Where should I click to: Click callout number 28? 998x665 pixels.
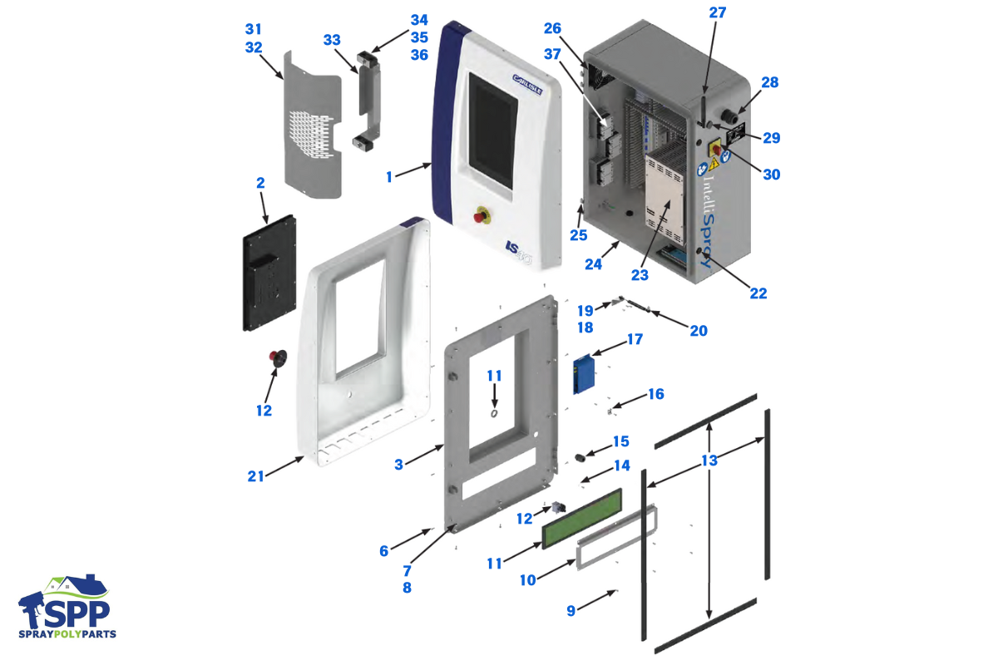click(769, 82)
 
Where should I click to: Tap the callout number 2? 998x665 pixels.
click(260, 182)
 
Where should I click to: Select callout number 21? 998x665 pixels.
click(255, 476)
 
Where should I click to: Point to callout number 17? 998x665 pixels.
click(635, 339)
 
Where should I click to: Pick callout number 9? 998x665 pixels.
click(571, 611)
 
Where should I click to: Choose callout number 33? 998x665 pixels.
click(332, 39)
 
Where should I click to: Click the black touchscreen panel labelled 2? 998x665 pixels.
click(269, 271)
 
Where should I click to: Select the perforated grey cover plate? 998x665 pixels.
click(312, 125)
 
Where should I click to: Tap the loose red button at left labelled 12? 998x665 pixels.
click(277, 358)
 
